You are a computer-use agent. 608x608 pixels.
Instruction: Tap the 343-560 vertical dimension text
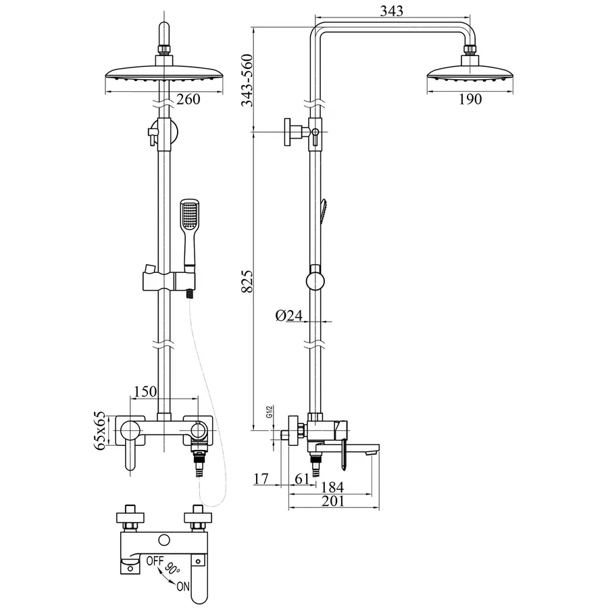[248, 80]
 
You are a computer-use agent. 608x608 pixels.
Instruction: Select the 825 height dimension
[248, 280]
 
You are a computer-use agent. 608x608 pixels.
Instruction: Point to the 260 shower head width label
[188, 100]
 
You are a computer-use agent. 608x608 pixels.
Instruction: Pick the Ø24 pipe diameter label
[288, 314]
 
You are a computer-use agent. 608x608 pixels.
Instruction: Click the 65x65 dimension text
[101, 430]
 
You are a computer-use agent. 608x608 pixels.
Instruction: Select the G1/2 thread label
[269, 412]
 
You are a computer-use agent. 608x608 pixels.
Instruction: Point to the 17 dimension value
[261, 479]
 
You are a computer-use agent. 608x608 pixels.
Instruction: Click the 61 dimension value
[303, 479]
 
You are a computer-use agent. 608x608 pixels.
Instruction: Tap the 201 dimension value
[332, 501]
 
